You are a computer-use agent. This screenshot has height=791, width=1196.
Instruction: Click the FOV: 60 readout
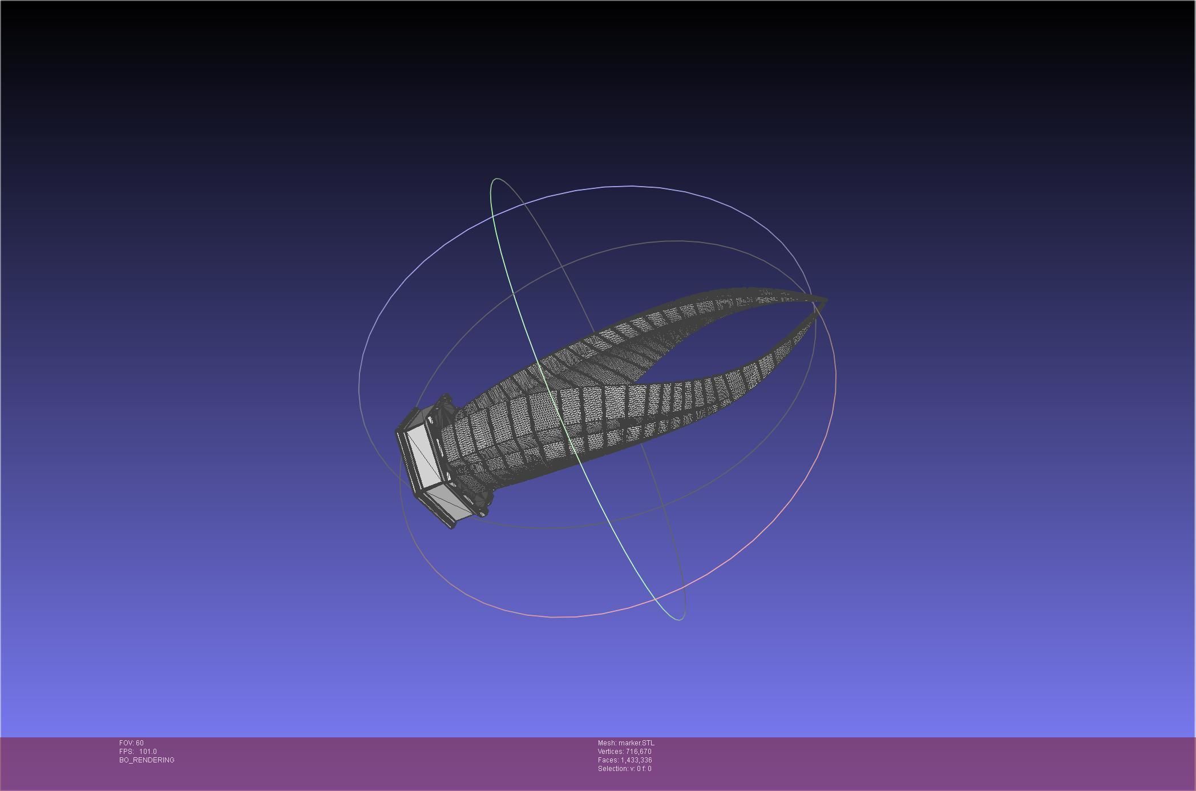(x=131, y=743)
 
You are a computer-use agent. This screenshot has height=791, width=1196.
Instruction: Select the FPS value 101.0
(x=147, y=752)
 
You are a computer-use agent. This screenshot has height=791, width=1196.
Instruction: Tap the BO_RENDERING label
(x=147, y=760)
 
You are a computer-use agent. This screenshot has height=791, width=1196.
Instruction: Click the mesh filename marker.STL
(x=636, y=743)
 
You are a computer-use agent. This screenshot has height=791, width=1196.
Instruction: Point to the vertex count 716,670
(x=638, y=752)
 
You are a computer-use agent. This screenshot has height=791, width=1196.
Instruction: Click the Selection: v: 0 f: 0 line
(x=624, y=769)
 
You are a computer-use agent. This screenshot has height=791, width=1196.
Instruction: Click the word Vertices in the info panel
(x=610, y=752)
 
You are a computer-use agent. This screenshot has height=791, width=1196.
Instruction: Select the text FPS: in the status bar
(x=127, y=752)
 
